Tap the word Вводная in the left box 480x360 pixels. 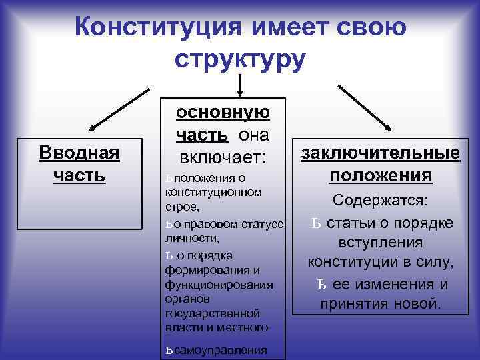pos(79,153)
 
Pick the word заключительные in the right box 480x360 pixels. pos(381,153)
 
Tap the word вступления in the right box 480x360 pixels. pos(381,242)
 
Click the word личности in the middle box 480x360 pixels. pos(191,237)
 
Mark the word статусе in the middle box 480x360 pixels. pos(263,223)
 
